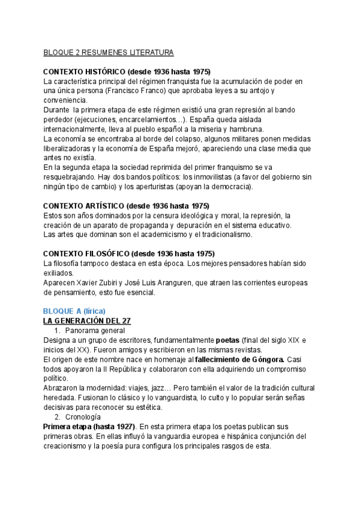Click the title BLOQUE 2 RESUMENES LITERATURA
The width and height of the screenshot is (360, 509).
(x=109, y=53)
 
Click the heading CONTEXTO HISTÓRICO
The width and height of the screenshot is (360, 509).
(x=127, y=71)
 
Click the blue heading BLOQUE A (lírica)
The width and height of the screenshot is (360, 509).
(x=74, y=311)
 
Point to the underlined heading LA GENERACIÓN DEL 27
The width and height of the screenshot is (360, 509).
(x=87, y=321)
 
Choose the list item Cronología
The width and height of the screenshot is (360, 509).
(x=83, y=417)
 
